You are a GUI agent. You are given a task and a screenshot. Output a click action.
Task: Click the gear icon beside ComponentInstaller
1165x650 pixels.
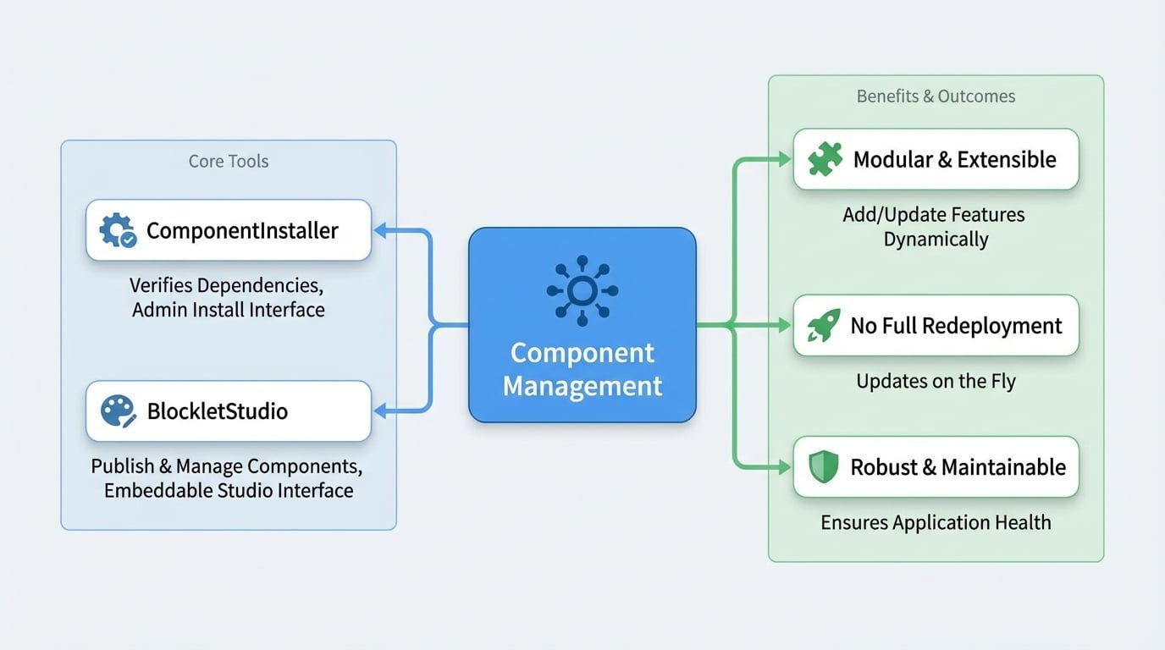[117, 230]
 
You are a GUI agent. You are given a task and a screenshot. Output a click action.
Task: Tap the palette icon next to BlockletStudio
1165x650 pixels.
[118, 411]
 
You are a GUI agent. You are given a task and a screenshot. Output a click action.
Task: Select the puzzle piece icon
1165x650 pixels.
[825, 159]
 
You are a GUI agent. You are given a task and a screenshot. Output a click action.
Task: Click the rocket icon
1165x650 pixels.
[823, 326]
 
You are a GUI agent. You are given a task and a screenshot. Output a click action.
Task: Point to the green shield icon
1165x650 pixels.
[823, 467]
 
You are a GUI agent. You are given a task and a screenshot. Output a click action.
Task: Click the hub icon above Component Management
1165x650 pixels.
[582, 291]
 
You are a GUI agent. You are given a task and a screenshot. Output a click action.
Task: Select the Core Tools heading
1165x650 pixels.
[229, 161]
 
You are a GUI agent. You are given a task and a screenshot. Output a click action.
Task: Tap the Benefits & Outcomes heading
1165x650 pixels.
[936, 96]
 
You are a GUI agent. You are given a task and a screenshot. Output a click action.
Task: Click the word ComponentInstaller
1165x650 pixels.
[242, 230]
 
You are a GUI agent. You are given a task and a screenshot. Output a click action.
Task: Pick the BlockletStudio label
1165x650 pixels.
[218, 411]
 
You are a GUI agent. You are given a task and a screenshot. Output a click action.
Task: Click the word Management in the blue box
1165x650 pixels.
[582, 386]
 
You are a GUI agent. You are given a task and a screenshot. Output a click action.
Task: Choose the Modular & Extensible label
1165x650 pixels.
[954, 159]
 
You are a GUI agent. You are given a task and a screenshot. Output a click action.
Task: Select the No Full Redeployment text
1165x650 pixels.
[956, 326]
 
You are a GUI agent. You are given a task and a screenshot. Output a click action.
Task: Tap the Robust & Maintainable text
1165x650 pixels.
[958, 467]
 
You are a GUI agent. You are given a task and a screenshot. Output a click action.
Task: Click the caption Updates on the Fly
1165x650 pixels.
[936, 381]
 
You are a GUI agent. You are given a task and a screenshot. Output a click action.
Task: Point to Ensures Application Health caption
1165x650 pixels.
[936, 522]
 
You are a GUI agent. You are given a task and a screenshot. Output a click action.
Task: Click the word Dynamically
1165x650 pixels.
[936, 240]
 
